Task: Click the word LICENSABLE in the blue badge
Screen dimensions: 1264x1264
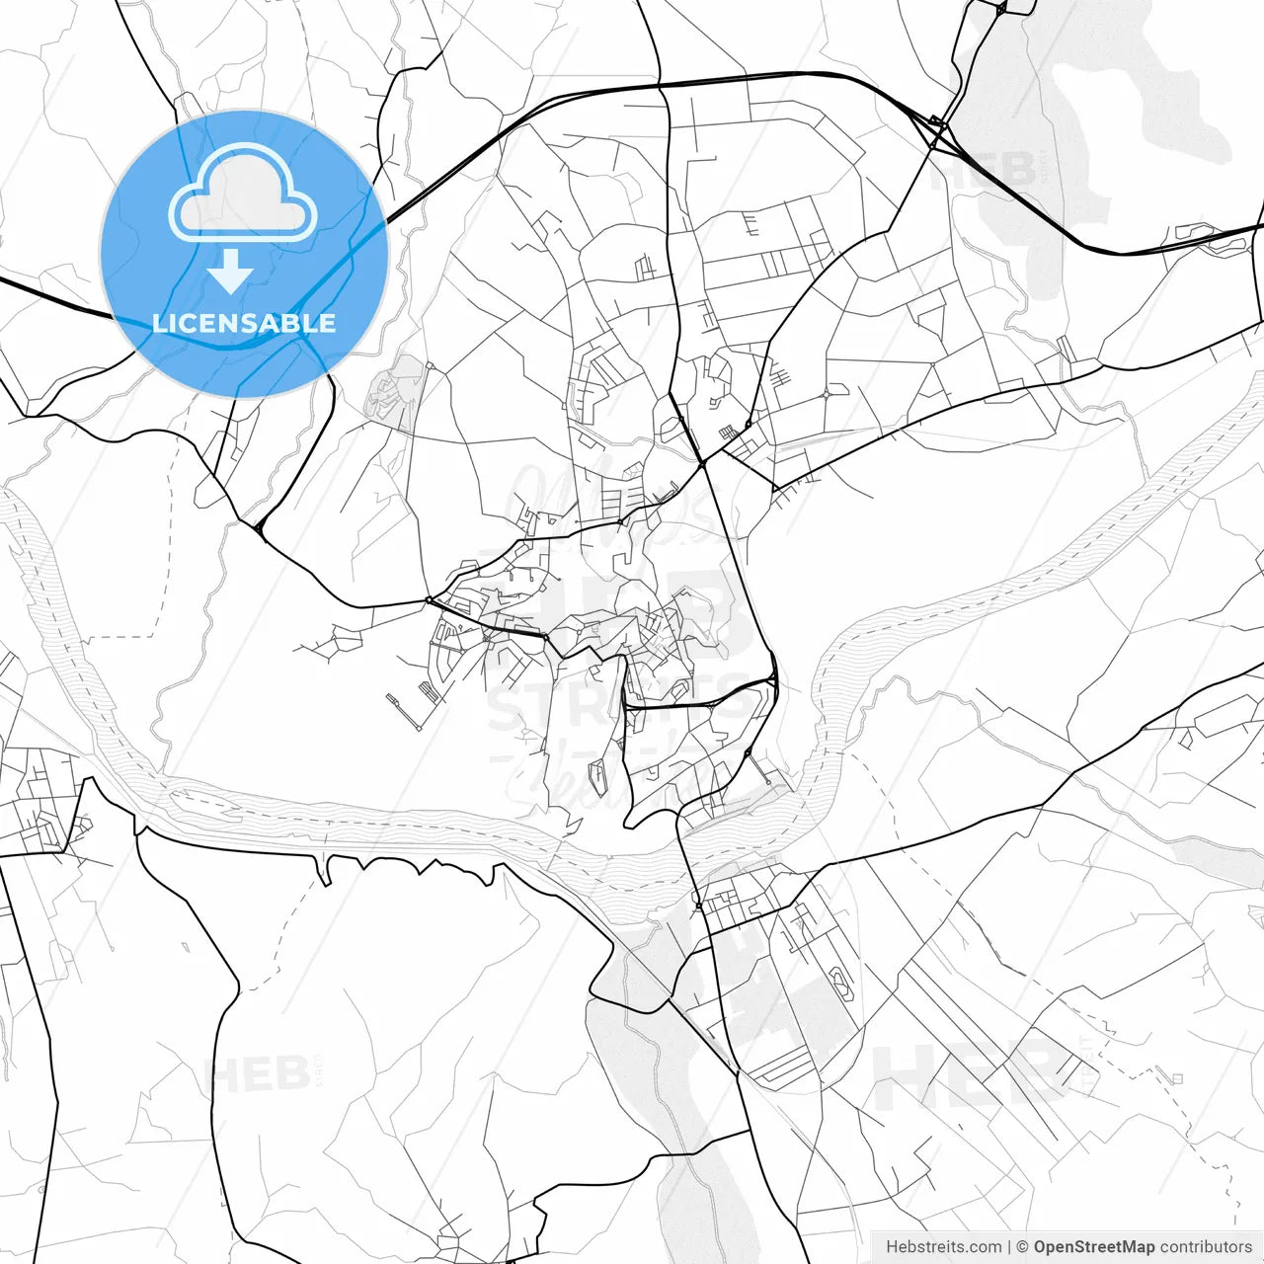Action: tap(244, 323)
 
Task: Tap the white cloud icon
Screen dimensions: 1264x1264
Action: tap(243, 195)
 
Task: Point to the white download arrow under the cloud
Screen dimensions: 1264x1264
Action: tap(230, 272)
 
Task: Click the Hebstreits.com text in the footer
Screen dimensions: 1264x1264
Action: tap(943, 1247)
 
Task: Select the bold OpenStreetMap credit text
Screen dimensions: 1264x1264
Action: tap(1093, 1247)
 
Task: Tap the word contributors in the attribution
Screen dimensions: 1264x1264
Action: tap(1205, 1247)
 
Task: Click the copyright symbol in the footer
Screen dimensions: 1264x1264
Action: tap(1023, 1247)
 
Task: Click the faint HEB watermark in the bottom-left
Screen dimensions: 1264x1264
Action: tap(259, 1074)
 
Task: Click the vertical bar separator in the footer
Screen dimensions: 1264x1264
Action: tap(1009, 1247)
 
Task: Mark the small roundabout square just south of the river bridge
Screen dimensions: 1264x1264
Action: tap(698, 906)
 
